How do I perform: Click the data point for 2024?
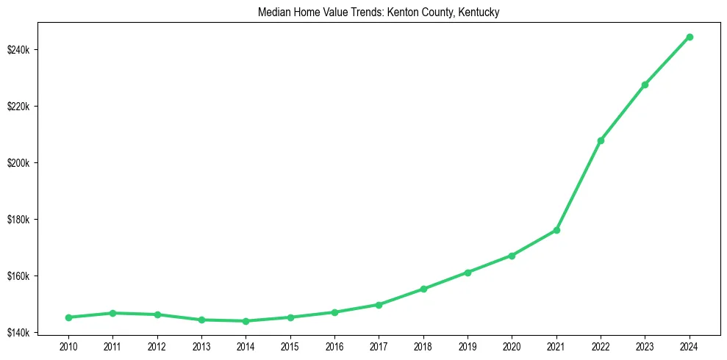coord(690,37)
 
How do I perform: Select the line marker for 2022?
coord(601,140)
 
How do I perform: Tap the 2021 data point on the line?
coord(556,230)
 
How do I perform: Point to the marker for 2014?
coord(246,321)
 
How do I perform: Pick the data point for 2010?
coord(68,317)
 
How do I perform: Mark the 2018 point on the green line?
coord(423,289)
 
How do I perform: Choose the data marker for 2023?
coord(645,84)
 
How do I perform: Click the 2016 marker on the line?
coord(334,312)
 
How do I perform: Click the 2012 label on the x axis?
coord(157,345)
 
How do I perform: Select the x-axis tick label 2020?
coord(512,345)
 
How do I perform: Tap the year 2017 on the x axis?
coord(379,345)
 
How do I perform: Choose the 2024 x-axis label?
coord(690,345)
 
